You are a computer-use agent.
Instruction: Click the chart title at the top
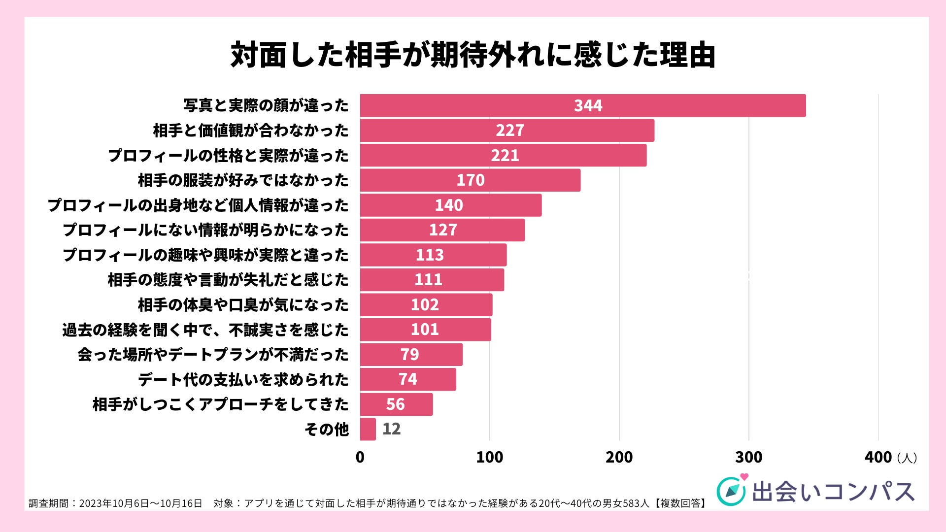[x=473, y=55]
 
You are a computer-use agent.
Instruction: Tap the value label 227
[x=509, y=131]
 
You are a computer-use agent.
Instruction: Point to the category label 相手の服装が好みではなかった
[x=243, y=180]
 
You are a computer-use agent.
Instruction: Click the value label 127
[x=443, y=230]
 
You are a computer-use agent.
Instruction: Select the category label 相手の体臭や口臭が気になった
[x=243, y=305]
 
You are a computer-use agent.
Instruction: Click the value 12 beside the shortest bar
[x=392, y=429]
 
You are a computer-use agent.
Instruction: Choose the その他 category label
[x=327, y=430]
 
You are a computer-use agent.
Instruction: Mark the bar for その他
[x=368, y=429]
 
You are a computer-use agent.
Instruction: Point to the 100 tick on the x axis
[x=489, y=457]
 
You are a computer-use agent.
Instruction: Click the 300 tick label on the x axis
[x=748, y=457]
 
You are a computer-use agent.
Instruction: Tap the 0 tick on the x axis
[x=360, y=457]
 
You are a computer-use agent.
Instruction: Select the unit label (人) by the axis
[x=907, y=458]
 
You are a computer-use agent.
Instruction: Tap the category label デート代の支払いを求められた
[x=243, y=380]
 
